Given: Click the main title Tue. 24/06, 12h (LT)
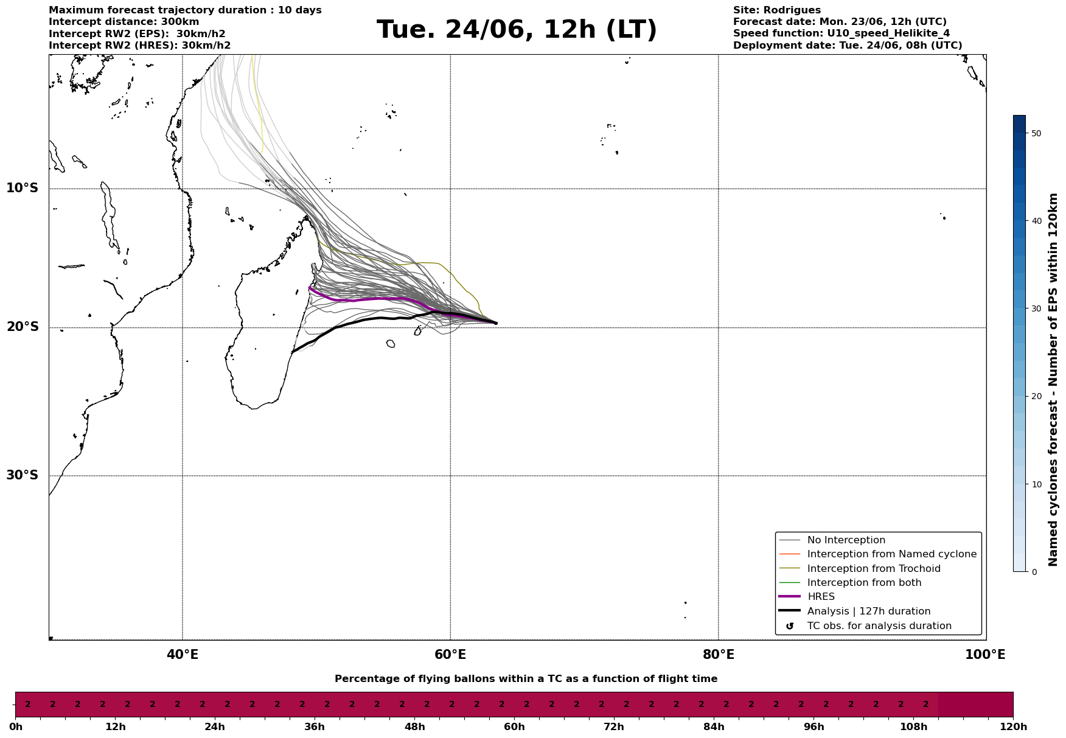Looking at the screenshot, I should pyautogui.click(x=517, y=30).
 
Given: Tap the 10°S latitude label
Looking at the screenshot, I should pyautogui.click(x=23, y=188).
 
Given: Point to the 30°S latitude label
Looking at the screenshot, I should pyautogui.click(x=23, y=475).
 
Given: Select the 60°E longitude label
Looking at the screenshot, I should pyautogui.click(x=450, y=655).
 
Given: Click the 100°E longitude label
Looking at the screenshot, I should pyautogui.click(x=985, y=655).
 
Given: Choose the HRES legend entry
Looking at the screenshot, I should pyautogui.click(x=821, y=597).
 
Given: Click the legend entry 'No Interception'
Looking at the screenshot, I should pyautogui.click(x=846, y=540).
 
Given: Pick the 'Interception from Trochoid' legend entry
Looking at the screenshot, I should pyautogui.click(x=873, y=569).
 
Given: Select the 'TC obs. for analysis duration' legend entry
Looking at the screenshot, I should pyautogui.click(x=879, y=626).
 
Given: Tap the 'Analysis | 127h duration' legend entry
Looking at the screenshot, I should pyautogui.click(x=868, y=611).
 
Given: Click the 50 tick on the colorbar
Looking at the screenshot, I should pyautogui.click(x=1036, y=133).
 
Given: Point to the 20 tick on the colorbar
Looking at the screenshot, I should pyautogui.click(x=1036, y=397).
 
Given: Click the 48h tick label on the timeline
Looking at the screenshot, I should pyautogui.click(x=414, y=727).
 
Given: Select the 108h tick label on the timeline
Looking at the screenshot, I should pyautogui.click(x=913, y=727).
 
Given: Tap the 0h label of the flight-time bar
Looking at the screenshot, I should pyautogui.click(x=16, y=727).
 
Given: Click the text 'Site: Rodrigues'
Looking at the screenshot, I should pyautogui.click(x=776, y=10).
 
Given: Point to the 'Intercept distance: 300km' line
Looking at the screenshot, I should pyautogui.click(x=124, y=22).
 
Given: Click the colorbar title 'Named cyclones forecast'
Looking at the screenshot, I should pyautogui.click(x=1053, y=380).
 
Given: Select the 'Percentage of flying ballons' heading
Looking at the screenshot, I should pyautogui.click(x=526, y=679).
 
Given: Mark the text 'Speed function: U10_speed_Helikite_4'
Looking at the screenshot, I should pyautogui.click(x=841, y=33).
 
